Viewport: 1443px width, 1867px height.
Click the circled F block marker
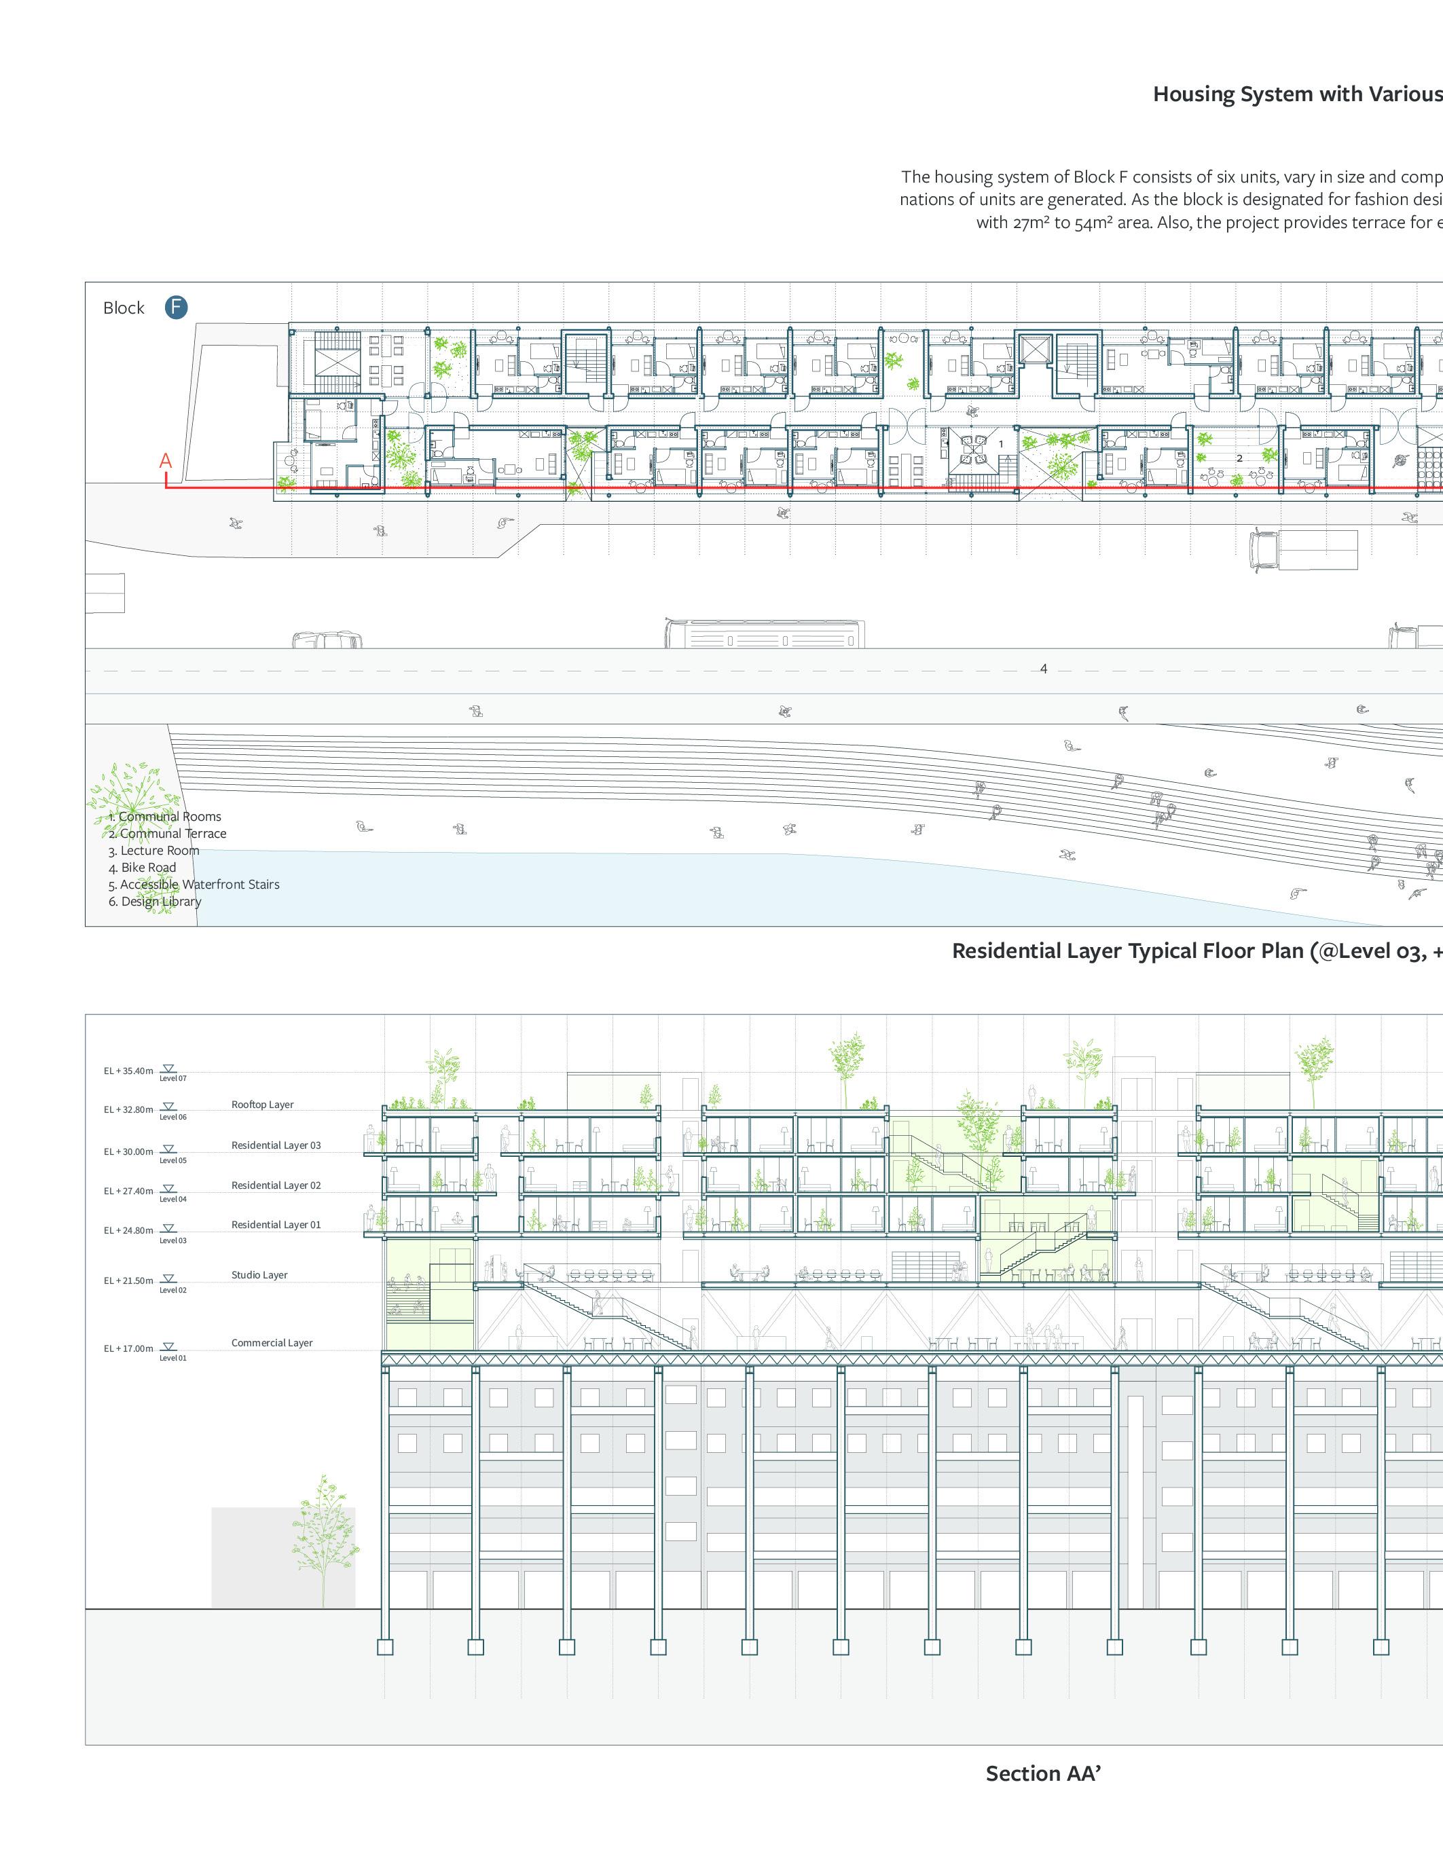176,308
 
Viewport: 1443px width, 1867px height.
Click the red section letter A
166,462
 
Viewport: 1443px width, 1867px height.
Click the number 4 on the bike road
1043,669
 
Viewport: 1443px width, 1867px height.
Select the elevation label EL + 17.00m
128,1348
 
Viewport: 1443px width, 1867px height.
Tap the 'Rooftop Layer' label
262,1105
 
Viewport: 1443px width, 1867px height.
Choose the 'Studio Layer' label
259,1274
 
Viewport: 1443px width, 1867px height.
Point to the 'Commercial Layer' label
272,1342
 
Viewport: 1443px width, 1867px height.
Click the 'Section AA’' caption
1043,1774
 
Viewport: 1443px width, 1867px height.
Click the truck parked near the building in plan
1303,550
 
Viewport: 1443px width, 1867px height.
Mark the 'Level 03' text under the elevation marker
172,1240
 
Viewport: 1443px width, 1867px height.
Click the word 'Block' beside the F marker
124,308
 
